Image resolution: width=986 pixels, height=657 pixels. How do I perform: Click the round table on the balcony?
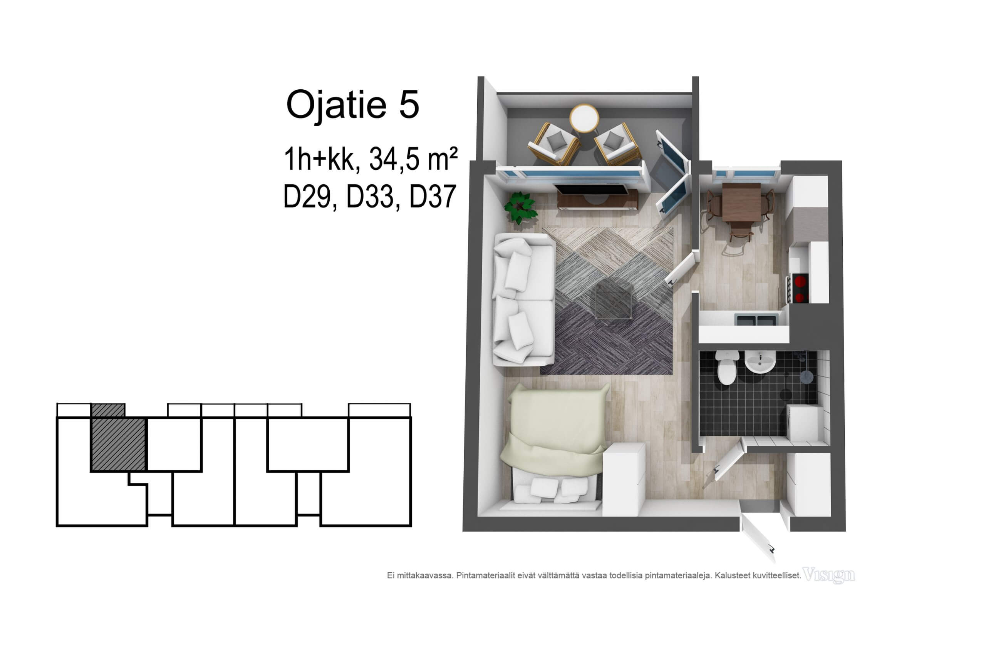point(584,118)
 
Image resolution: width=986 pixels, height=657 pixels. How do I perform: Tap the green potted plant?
point(520,207)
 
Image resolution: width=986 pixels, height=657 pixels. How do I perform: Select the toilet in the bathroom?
point(726,368)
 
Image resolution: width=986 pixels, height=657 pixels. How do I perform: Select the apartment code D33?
point(370,197)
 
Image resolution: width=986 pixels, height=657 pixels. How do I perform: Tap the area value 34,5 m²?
point(413,159)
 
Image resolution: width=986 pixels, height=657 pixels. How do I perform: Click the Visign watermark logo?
point(828,575)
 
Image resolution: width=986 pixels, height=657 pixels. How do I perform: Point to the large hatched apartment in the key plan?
point(118,444)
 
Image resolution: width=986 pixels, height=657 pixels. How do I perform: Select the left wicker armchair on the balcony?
point(554,144)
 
